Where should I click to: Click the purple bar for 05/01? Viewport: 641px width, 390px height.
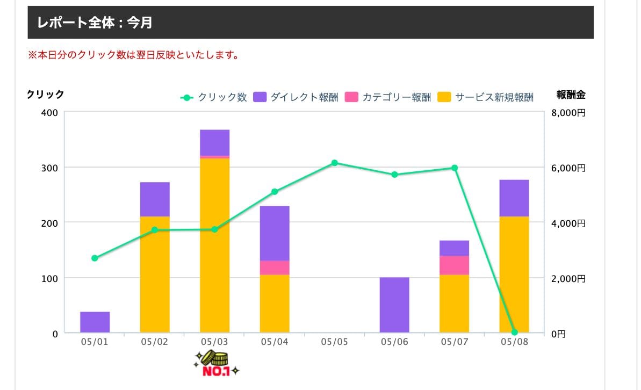95,322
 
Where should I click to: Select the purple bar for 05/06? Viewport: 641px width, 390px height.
394,305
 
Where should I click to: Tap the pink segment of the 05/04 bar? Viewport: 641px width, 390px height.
275,268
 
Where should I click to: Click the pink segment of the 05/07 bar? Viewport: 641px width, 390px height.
454,265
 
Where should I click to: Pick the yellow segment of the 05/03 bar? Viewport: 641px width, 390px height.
214,245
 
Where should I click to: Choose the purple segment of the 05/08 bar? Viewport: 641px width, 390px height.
514,198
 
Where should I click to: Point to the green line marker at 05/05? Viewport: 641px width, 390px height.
334,163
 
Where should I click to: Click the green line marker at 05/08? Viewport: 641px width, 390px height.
514,332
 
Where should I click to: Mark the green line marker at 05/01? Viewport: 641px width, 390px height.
95,258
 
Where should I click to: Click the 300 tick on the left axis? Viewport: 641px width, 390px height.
49,168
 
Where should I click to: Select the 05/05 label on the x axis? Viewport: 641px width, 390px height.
334,342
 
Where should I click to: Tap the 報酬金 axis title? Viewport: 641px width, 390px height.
571,95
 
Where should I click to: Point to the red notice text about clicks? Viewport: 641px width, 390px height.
133,55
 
